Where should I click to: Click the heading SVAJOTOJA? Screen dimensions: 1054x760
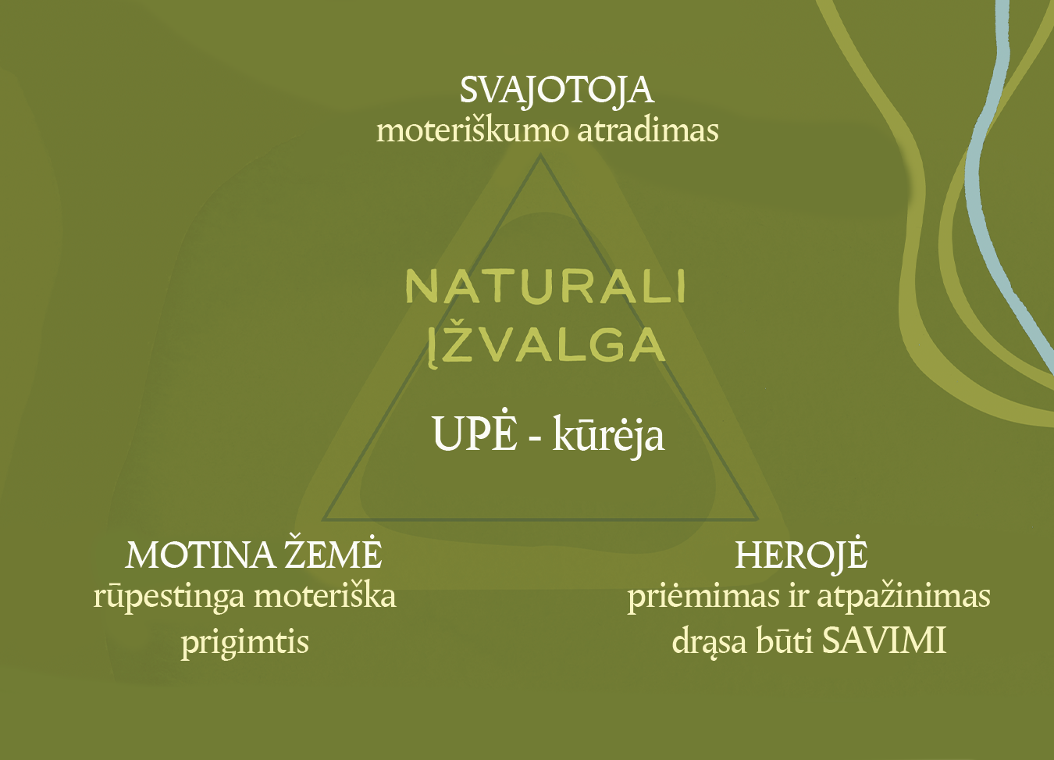(557, 91)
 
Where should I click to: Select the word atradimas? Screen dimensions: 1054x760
(648, 130)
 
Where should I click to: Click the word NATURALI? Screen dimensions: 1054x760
(545, 287)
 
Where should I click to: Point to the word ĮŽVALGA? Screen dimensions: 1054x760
(546, 347)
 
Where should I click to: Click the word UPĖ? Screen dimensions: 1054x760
(475, 432)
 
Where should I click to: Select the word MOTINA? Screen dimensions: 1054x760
(201, 555)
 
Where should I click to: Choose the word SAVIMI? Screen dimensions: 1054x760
(884, 641)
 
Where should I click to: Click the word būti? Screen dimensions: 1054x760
(785, 641)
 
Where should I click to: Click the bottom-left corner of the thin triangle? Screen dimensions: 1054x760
(322, 519)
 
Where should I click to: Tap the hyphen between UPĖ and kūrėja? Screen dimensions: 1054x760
(534, 437)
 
